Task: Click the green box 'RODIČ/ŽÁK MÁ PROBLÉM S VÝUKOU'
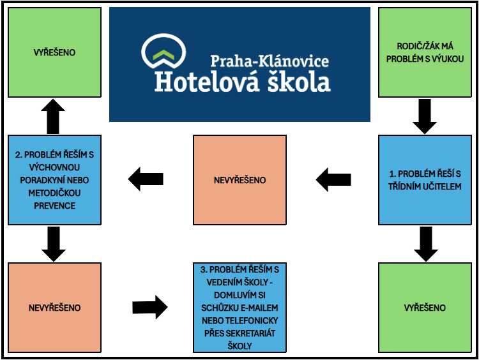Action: point(425,52)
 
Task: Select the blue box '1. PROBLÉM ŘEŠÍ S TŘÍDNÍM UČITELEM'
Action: point(425,180)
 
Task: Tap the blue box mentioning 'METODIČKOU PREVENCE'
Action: point(54,180)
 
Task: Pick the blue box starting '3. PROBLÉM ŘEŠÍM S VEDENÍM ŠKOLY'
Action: point(240,308)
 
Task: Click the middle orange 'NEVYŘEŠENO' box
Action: point(240,180)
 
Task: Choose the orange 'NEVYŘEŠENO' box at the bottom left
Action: point(54,308)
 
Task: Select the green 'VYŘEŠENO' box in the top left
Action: point(54,52)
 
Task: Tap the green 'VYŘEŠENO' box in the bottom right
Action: point(425,308)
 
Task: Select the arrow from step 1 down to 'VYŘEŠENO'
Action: point(425,244)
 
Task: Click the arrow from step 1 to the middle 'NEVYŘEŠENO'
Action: point(333,180)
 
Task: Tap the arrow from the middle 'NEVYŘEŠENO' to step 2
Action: point(146,177)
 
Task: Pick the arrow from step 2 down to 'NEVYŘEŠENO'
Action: point(54,244)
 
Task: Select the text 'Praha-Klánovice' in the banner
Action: point(270,61)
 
